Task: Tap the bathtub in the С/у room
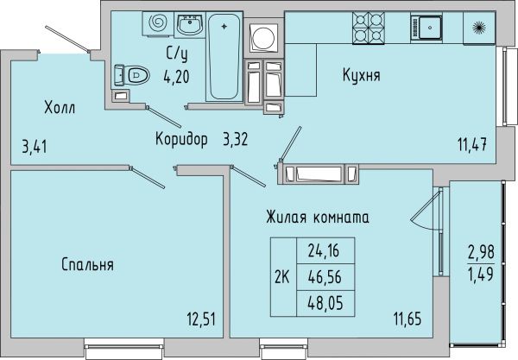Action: coord(224,57)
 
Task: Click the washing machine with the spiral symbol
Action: coord(158,23)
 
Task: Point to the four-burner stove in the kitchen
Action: coord(369,28)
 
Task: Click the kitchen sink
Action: coord(426,28)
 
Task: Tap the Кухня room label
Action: coord(362,75)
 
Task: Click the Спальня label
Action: coord(87,264)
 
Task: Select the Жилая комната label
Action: coord(318,218)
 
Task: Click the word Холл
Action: coord(60,108)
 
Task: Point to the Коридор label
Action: coord(181,139)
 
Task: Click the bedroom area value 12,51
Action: coord(201,319)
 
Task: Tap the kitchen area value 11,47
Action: coord(472,145)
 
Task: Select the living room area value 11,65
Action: coord(407,319)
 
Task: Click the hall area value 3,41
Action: coord(35,146)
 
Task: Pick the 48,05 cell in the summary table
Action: coord(325,303)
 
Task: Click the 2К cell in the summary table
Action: coord(283,277)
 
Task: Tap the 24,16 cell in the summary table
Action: coord(325,250)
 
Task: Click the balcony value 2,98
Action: coord(481,253)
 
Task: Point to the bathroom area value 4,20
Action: coord(176,77)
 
